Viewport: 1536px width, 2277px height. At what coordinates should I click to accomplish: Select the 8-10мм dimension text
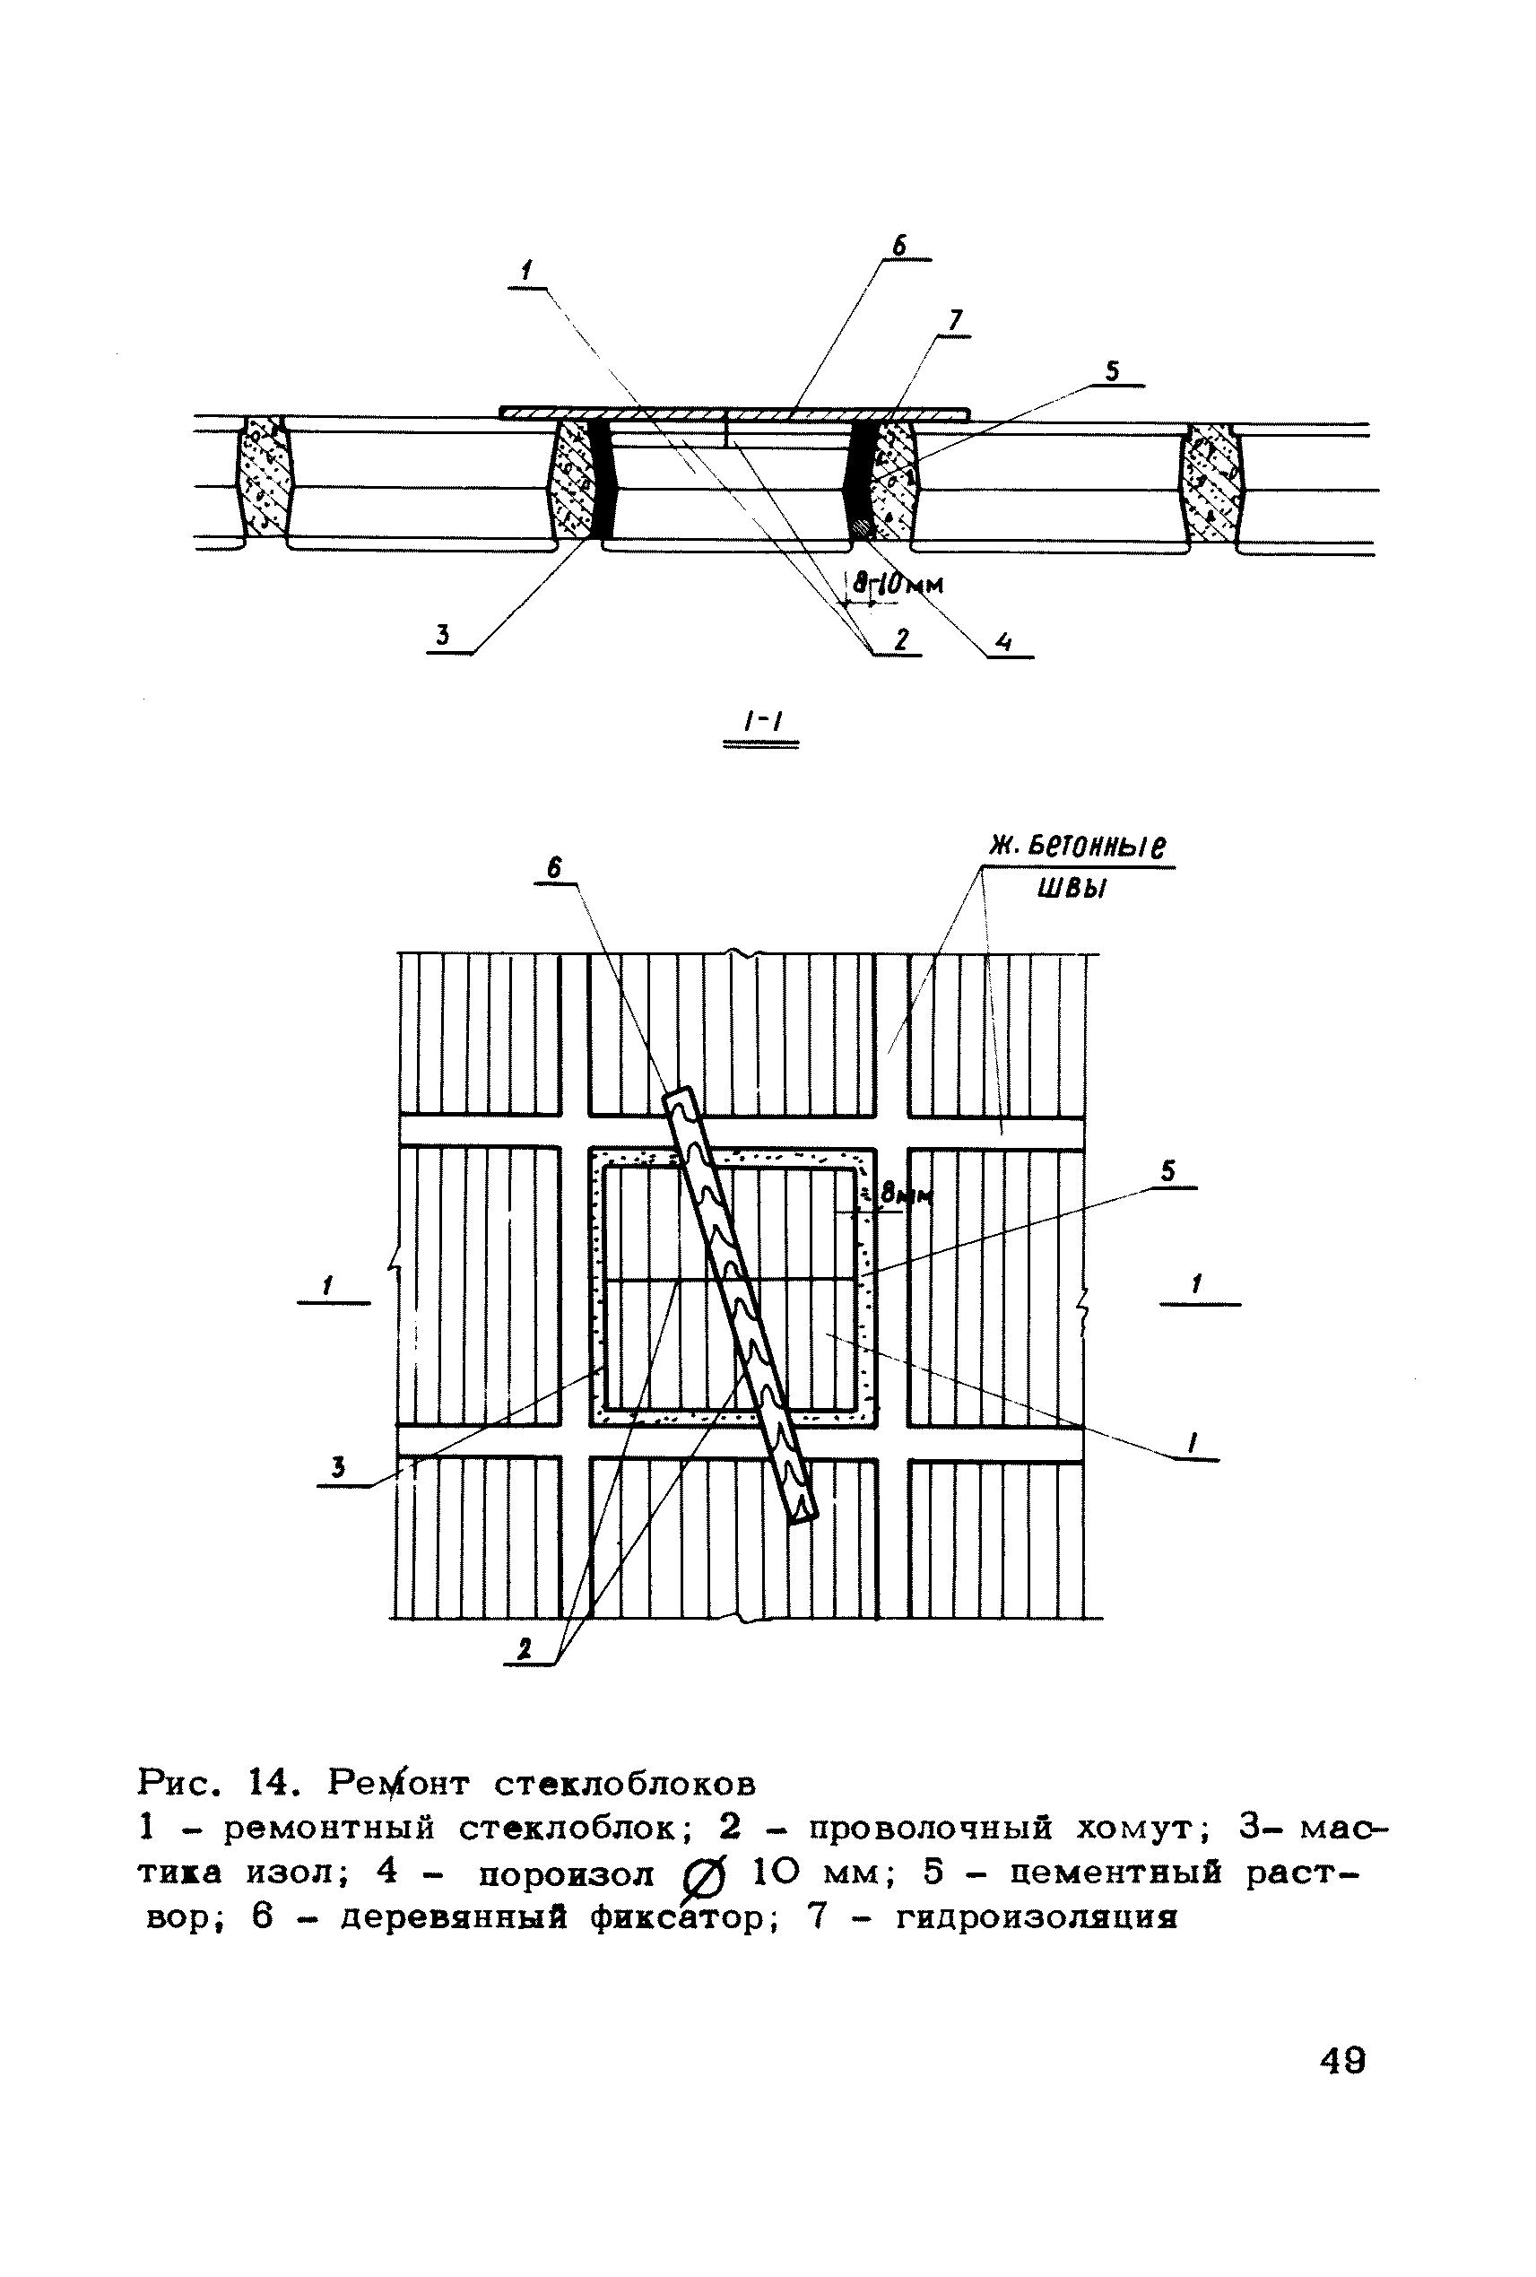(x=896, y=585)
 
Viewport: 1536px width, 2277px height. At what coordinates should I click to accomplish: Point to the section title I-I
(x=759, y=723)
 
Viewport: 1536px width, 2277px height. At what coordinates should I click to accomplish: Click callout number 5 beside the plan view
(x=1167, y=1172)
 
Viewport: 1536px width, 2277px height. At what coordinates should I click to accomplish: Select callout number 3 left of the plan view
(x=339, y=1466)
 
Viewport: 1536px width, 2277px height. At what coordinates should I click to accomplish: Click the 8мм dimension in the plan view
(x=904, y=1195)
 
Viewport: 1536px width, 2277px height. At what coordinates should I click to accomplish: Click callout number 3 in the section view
(x=443, y=636)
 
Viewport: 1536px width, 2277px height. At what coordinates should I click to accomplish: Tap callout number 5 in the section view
(x=1112, y=372)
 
